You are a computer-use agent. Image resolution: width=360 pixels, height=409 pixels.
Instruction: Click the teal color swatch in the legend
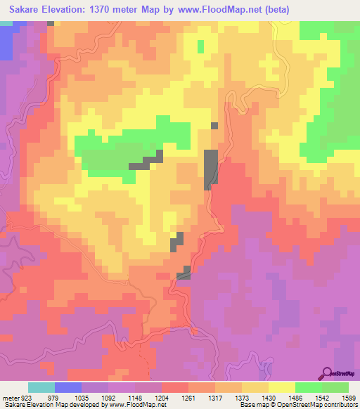coord(41,387)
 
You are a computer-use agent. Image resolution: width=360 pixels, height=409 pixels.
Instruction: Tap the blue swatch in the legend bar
coord(68,387)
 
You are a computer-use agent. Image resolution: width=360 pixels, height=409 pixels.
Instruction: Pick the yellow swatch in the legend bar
coord(282,387)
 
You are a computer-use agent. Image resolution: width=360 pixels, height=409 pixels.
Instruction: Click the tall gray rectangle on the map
coord(210,169)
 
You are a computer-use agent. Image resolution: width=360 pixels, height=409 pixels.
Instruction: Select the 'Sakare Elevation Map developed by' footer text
coord(45,405)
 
